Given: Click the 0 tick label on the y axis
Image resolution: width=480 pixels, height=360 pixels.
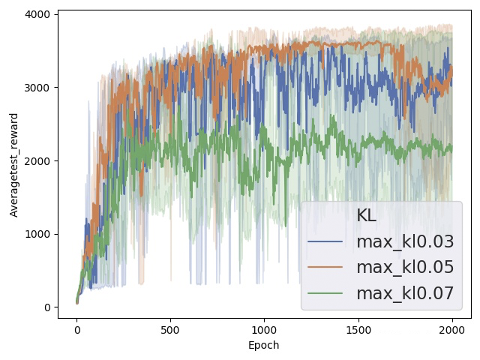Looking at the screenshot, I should pos(47,307).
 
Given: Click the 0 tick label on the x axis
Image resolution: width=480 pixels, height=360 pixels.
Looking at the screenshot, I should pos(76,330).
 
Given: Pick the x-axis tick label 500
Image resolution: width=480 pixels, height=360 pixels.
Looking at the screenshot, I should pos(170,330).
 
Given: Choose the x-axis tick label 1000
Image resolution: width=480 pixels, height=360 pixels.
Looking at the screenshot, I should pos(264,330).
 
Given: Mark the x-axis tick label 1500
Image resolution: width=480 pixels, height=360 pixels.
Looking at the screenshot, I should pos(358,330).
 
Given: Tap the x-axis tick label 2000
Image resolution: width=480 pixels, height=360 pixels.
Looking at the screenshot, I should pos(451,330).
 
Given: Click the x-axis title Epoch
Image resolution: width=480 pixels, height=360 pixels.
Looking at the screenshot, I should pos(264,345).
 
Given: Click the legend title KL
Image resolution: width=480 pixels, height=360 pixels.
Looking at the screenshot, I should pos(367,215).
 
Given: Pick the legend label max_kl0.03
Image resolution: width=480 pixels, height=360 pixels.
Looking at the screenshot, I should pos(405,241).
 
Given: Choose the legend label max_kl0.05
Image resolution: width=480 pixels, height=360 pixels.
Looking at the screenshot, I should pos(405,267).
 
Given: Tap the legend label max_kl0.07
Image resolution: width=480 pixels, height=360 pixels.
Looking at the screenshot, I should pos(405,293).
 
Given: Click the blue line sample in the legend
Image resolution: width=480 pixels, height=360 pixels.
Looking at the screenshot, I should pos(325,241).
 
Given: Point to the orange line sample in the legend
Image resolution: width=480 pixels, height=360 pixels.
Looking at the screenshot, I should pos(325,267).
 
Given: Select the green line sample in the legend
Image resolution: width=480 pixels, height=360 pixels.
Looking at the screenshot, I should pos(325,293).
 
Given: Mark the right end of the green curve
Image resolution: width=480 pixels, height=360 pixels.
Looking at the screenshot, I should pos(451,147).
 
